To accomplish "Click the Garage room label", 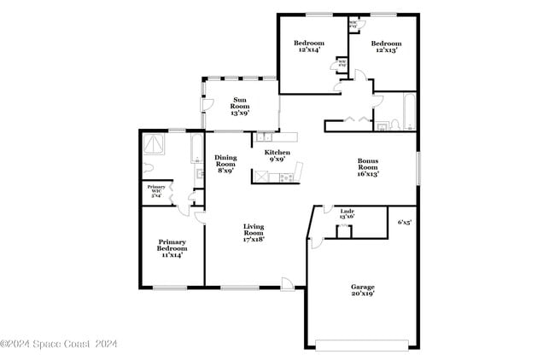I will point(362,290).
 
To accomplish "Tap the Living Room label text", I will point(254,233).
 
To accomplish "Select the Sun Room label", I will point(240,106).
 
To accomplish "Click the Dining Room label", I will point(225,164).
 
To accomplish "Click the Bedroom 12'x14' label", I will point(309,46).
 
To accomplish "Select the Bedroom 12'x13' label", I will point(386,46).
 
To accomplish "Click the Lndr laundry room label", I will point(348,213).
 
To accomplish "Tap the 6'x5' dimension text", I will point(405,222).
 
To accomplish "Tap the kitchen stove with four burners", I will point(285,177).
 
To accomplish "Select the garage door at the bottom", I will point(362,345).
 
